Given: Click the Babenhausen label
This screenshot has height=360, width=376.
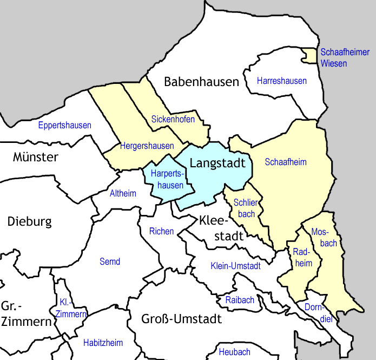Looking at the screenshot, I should (x=201, y=82).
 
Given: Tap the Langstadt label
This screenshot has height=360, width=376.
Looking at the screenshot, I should (x=218, y=163).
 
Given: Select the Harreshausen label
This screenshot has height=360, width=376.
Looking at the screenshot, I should (x=281, y=81).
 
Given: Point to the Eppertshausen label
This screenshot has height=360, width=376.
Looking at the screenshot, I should (x=64, y=126).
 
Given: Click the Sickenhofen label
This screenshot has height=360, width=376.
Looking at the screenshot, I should (x=173, y=119).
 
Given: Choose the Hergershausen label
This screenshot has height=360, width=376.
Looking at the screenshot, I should (x=147, y=146).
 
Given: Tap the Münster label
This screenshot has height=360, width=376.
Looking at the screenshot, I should (x=35, y=158).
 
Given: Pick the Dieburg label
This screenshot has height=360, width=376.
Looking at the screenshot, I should (x=30, y=221).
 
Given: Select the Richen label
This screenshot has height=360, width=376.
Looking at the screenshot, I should (x=161, y=232).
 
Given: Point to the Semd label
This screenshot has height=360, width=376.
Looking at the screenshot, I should (x=110, y=262).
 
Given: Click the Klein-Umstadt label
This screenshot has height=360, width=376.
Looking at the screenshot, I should (x=235, y=266).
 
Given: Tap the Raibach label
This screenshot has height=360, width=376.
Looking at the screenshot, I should (x=239, y=300).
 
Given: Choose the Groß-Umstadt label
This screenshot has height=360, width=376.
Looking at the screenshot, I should (x=182, y=319).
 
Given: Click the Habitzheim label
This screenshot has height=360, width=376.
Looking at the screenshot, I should (x=103, y=343).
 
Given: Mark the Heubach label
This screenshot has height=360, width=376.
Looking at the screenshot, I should (x=234, y=352).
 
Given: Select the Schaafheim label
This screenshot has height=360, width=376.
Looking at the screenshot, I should (x=286, y=162).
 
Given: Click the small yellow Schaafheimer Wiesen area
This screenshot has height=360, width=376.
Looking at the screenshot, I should (x=309, y=55).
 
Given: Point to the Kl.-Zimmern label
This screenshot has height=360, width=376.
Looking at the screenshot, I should (x=70, y=309).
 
